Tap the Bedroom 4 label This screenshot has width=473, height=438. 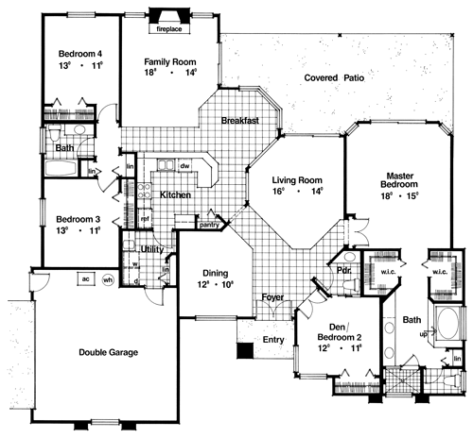[79, 54]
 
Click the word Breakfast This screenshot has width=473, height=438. [240, 121]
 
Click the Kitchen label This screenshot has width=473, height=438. [176, 194]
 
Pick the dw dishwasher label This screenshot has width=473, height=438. [186, 167]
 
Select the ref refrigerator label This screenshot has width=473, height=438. [145, 216]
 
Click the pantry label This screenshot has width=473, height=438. [210, 225]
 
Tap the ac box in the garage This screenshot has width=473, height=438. [84, 279]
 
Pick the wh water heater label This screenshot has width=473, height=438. [108, 279]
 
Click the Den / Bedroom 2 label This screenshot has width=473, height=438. [337, 330]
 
